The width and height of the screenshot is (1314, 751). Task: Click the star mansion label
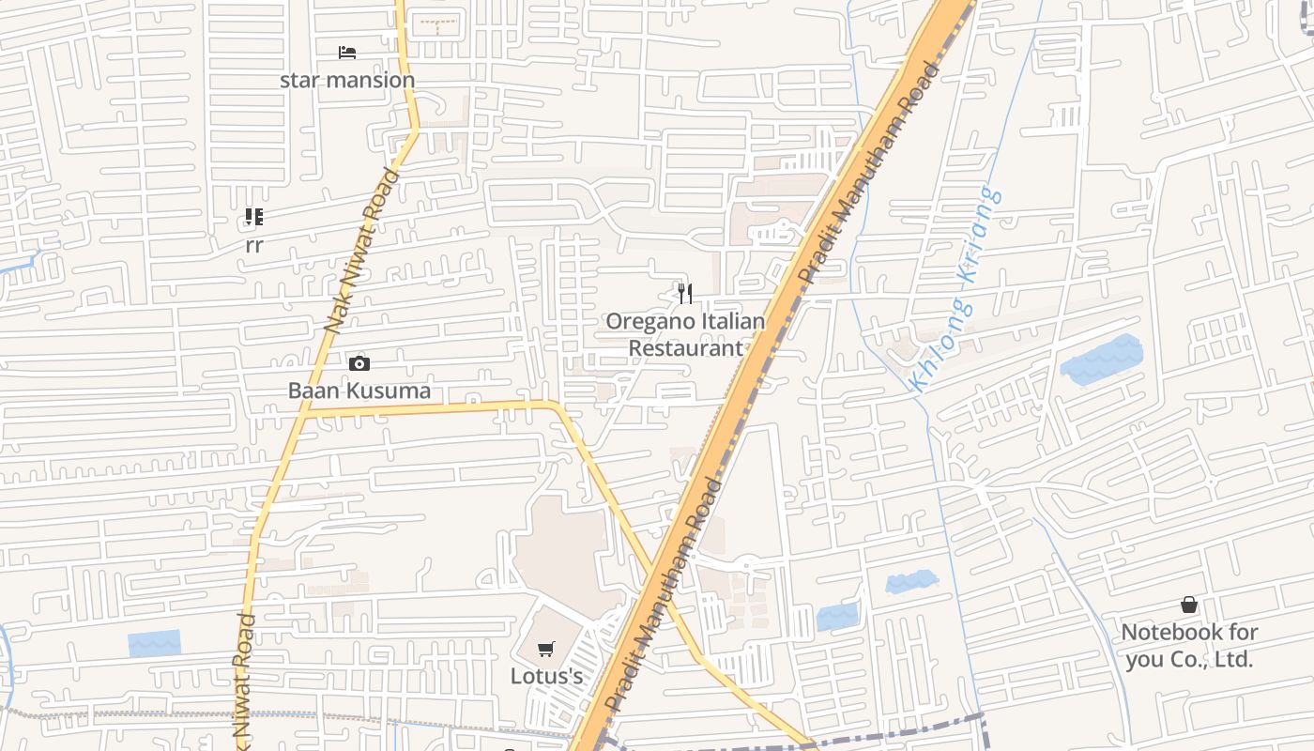347,80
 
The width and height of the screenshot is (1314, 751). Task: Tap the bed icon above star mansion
347,52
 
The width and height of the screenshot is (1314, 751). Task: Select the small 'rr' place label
253,246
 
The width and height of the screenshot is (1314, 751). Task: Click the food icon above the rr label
253,218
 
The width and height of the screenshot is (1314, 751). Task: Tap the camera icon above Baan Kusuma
359,363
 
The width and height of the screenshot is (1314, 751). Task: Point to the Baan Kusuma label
359,391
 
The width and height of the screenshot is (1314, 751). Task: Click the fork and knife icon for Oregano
685,294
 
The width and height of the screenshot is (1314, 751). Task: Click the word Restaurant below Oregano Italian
685,348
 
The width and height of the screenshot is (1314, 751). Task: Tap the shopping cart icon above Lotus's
546,649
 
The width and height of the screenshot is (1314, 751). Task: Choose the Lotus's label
546,676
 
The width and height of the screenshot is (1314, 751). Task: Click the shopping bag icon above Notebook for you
1189,605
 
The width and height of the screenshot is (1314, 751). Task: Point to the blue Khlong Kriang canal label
955,289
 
